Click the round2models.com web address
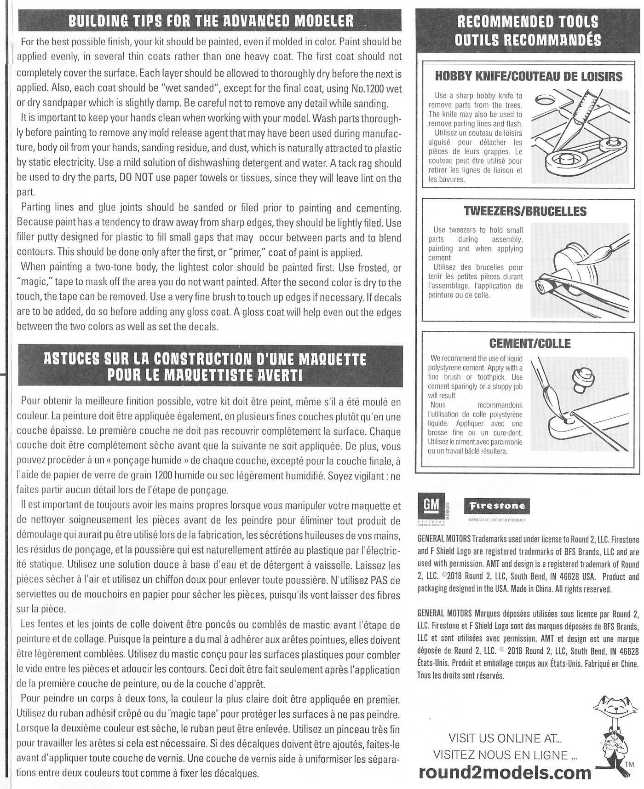pos(505,772)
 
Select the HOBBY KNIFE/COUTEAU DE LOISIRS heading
pos(529,76)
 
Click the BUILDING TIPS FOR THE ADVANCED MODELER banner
pos(211,21)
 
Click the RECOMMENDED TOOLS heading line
pos(528,22)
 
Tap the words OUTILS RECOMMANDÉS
pos(528,40)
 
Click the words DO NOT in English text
pos(133,178)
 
